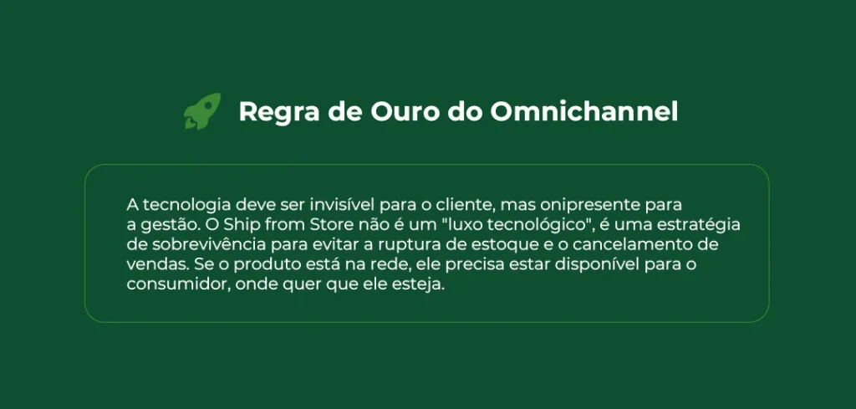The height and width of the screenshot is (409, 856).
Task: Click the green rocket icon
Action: tap(202, 111)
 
